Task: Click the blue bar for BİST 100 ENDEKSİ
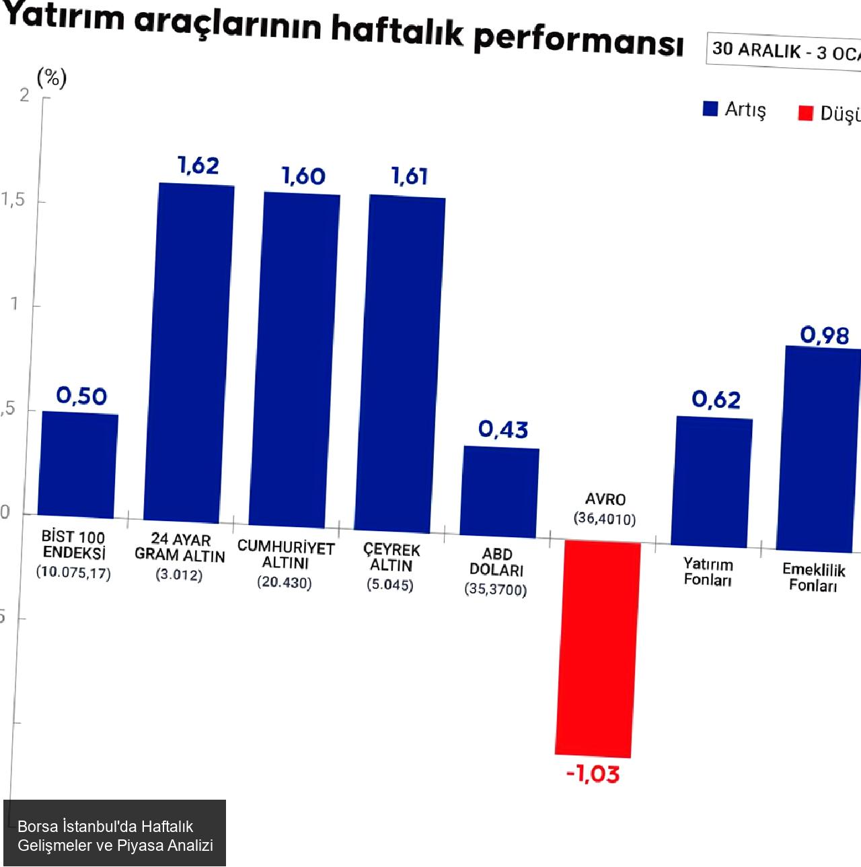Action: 78,464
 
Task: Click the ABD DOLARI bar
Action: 500,491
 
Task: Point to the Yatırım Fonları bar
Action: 712,482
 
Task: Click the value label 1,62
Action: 198,166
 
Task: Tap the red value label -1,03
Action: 593,774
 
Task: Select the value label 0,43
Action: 504,429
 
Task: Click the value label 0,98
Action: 825,335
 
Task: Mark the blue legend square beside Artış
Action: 710,109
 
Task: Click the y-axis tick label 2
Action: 24,96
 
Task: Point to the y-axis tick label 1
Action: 14,304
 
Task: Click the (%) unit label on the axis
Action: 52,78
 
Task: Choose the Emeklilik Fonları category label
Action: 814,578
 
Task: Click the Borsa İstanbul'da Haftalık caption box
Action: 114,835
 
